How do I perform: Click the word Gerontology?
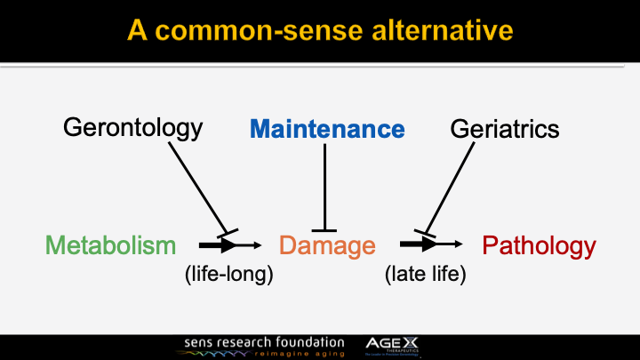coord(132,129)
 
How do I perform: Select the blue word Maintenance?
coord(327,130)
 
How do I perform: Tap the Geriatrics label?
coord(505,129)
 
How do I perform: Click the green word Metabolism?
coord(110,245)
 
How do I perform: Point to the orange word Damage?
coord(327,245)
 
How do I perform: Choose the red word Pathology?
coord(539,245)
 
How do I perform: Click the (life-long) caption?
coord(228,275)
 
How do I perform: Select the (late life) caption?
coord(426,275)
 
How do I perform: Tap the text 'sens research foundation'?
coord(264,341)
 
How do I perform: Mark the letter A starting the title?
coord(137,30)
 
